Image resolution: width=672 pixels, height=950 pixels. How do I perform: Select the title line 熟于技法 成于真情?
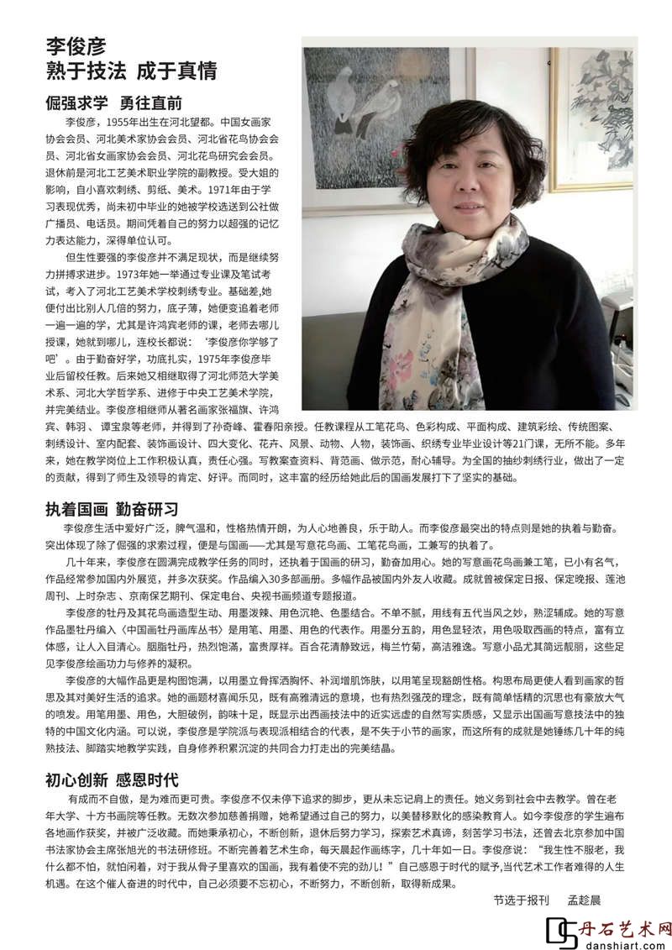[131, 71]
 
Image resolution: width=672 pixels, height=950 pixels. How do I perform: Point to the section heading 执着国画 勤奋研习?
[112, 509]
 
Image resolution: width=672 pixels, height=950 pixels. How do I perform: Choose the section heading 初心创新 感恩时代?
[112, 779]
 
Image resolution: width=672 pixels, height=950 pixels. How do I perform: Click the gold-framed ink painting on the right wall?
[592, 118]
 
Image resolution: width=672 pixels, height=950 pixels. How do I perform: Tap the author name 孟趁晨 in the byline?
[585, 900]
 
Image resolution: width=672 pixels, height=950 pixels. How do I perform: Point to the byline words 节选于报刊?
[521, 900]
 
